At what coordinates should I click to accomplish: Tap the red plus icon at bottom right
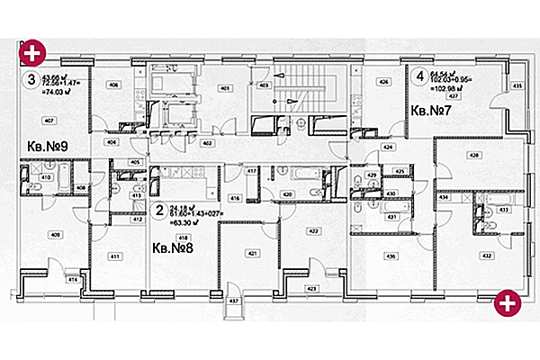(x=508, y=304)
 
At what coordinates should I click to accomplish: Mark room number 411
(x=115, y=256)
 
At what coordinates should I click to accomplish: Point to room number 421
(x=252, y=253)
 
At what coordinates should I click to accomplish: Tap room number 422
(x=314, y=231)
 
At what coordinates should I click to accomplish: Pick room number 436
(x=390, y=256)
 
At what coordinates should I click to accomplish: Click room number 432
(x=486, y=256)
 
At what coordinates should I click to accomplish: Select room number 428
(x=473, y=155)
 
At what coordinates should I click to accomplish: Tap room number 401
(x=225, y=87)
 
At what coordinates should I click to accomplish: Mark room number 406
(x=114, y=85)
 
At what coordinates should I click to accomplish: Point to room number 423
(x=312, y=288)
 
